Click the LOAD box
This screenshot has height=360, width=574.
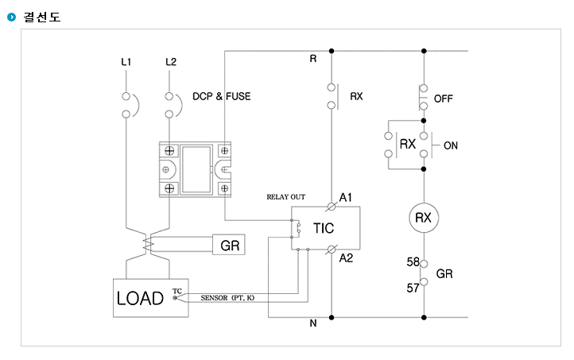pyautogui.click(x=151, y=298)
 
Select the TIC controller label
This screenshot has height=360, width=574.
pyautogui.click(x=324, y=228)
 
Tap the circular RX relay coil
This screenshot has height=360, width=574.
pyautogui.click(x=424, y=218)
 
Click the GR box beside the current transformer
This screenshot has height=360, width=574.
pyautogui.click(x=229, y=245)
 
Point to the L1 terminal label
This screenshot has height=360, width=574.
pyautogui.click(x=126, y=62)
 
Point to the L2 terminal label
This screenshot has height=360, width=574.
pyautogui.click(x=171, y=62)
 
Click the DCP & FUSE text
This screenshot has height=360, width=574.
pyautogui.click(x=222, y=96)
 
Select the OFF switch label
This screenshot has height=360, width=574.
pyautogui.click(x=444, y=99)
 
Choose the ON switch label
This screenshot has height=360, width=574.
pyautogui.click(x=451, y=145)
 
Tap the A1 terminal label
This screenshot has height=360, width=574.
pyautogui.click(x=346, y=198)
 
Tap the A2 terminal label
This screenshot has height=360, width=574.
pyautogui.click(x=346, y=258)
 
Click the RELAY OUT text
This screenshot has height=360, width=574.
pyautogui.click(x=286, y=197)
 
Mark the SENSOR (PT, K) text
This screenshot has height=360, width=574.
pyautogui.click(x=227, y=298)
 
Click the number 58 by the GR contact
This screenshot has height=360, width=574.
pyautogui.click(x=413, y=262)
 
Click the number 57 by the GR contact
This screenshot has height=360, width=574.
pyautogui.click(x=413, y=288)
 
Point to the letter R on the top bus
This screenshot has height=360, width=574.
pyautogui.click(x=313, y=59)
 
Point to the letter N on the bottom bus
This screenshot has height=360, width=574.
pyautogui.click(x=313, y=323)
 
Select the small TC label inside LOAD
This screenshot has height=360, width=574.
pyautogui.click(x=177, y=291)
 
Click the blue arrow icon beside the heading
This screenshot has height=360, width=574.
pyautogui.click(x=12, y=17)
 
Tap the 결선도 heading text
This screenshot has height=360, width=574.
pyautogui.click(x=41, y=17)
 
